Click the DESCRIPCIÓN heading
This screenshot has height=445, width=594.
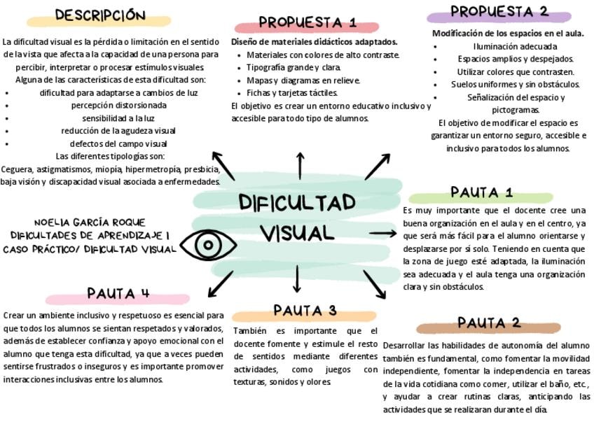[100, 15]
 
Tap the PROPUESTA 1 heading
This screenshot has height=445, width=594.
[308, 22]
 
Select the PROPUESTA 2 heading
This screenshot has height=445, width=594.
[499, 12]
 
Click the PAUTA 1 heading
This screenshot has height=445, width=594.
[481, 192]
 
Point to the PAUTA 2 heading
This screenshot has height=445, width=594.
[489, 323]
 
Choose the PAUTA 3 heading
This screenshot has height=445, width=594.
[305, 310]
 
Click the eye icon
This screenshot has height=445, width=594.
[207, 245]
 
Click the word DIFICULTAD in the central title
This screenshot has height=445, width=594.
[297, 203]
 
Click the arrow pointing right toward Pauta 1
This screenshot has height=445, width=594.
[382, 233]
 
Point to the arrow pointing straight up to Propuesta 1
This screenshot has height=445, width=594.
[300, 166]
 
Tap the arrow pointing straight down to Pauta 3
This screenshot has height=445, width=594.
[296, 278]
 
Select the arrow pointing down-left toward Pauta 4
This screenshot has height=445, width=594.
[220, 284]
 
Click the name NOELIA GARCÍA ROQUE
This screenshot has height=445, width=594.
[90, 222]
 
